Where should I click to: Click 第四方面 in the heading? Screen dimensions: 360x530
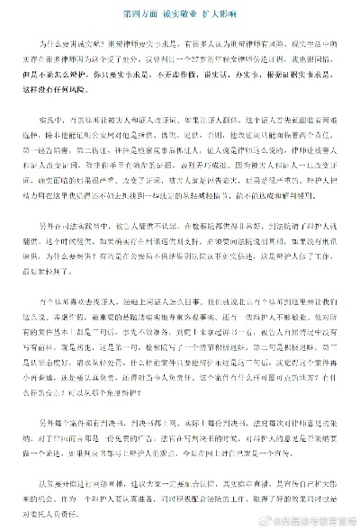tap(132, 15)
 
